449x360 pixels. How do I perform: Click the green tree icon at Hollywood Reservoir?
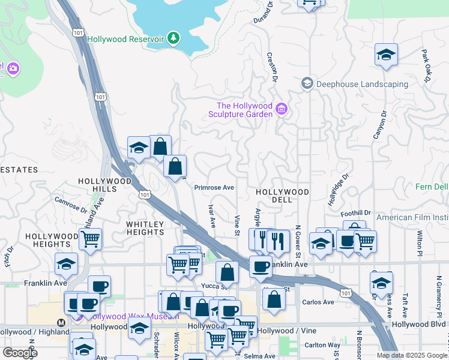tap(173, 38)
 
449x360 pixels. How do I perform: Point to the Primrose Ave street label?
tap(214, 187)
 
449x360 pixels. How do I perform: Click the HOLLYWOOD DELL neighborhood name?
tap(282, 192)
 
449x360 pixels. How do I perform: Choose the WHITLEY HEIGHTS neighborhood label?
tap(145, 229)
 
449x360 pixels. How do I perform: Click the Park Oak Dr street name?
tap(427, 65)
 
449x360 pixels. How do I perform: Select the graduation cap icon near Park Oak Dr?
tap(387, 55)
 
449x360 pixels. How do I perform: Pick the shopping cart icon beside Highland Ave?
tap(90, 239)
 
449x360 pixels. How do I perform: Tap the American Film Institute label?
tap(414, 217)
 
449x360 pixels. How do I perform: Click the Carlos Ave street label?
tap(318, 302)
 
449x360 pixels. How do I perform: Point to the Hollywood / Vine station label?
tap(279, 331)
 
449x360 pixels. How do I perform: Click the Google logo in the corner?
tap(20, 353)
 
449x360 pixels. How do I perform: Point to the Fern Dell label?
tap(432, 187)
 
